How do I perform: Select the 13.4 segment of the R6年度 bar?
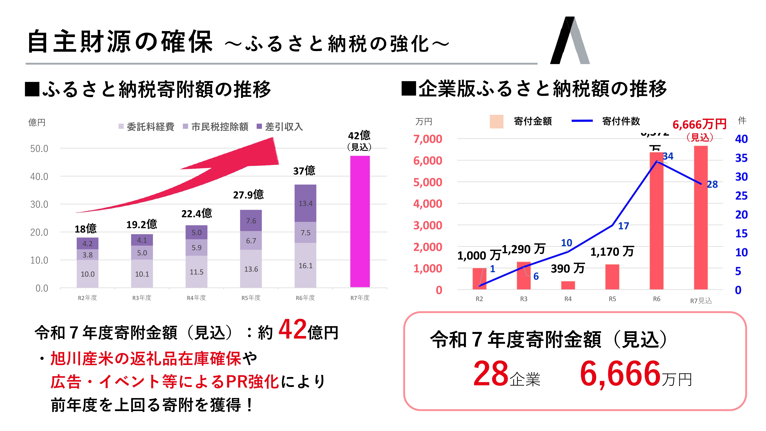(305, 203)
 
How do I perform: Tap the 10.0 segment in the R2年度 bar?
(88, 274)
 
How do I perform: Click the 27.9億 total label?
(248, 195)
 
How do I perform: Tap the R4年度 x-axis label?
(196, 298)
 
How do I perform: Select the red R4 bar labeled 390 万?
(568, 285)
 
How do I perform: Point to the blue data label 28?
(712, 184)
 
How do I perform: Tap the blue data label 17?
(624, 226)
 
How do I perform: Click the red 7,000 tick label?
(428, 139)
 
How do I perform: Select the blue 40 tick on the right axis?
(741, 139)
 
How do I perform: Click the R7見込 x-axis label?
(701, 301)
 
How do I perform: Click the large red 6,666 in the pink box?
(620, 373)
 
